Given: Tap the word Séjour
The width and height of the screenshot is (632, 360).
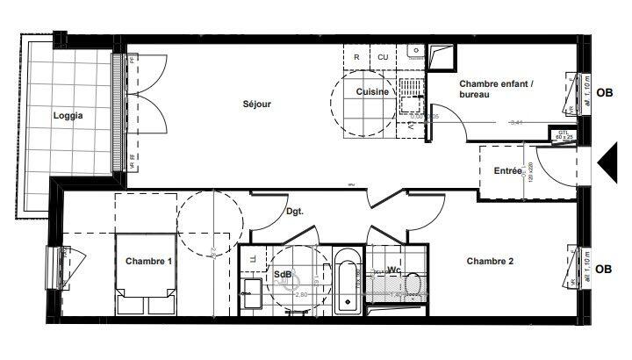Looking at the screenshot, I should pos(257,104).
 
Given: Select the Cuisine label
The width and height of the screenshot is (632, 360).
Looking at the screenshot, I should pos(372,91).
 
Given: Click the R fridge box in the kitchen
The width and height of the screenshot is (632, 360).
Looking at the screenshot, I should pos(356,57).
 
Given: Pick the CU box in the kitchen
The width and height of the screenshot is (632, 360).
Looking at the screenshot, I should pos(383,57).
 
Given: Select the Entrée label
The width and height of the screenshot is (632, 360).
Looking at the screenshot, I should pos(507,171).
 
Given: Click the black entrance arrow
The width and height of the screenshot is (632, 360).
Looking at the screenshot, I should pos(607,164).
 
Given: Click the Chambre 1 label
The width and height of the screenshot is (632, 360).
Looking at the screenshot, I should pos(148,261).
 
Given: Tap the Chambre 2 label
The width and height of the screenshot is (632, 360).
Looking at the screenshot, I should pos(490,260).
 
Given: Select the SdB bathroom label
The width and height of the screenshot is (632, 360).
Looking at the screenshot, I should pos(282,273).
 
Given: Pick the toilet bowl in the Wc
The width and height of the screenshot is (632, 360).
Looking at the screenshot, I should pos(413,286).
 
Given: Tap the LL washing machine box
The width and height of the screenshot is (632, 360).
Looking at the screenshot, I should pos(254,259).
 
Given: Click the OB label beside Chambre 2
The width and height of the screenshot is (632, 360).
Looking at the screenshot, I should pos(604,269).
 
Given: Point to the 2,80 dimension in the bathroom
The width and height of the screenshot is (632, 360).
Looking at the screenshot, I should pos(301,296).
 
